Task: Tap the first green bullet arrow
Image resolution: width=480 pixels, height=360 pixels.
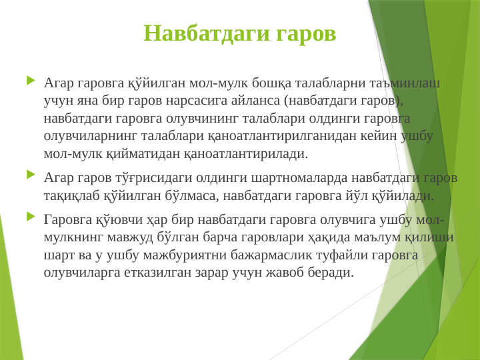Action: click(x=31, y=81)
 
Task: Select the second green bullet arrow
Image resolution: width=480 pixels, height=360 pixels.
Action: click(x=31, y=175)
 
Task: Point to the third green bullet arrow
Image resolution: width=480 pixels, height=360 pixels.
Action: click(x=31, y=216)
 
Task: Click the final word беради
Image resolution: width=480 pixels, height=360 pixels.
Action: click(x=330, y=272)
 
